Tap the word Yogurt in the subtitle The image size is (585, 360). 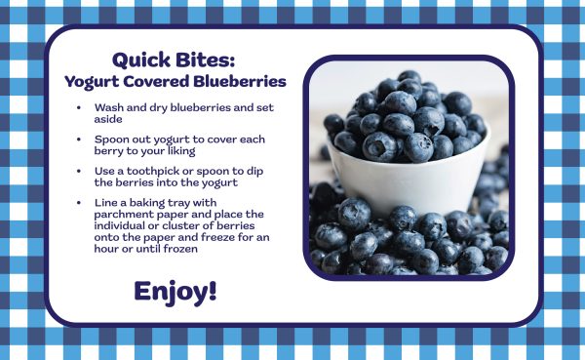[x=93, y=80]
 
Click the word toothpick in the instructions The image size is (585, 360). [x=150, y=171]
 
